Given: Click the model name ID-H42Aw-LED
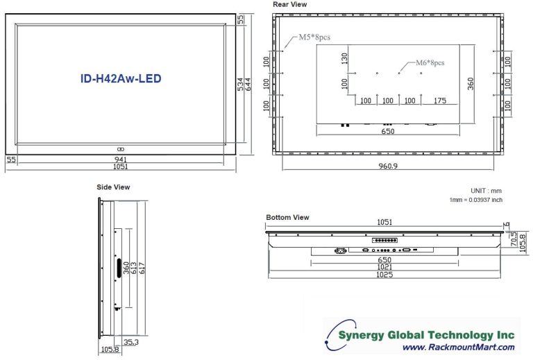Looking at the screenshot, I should point(121,78).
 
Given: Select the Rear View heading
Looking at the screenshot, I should point(289,4).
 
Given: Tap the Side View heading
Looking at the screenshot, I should point(113,187).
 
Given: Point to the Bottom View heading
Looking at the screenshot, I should point(287,217).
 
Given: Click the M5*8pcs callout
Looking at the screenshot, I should point(314,36).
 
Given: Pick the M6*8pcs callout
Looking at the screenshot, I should point(430,62).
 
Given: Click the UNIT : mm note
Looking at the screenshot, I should point(487,191).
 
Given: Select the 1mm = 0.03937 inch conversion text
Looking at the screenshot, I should point(475,200).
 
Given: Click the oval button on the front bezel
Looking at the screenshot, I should point(121,149).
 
